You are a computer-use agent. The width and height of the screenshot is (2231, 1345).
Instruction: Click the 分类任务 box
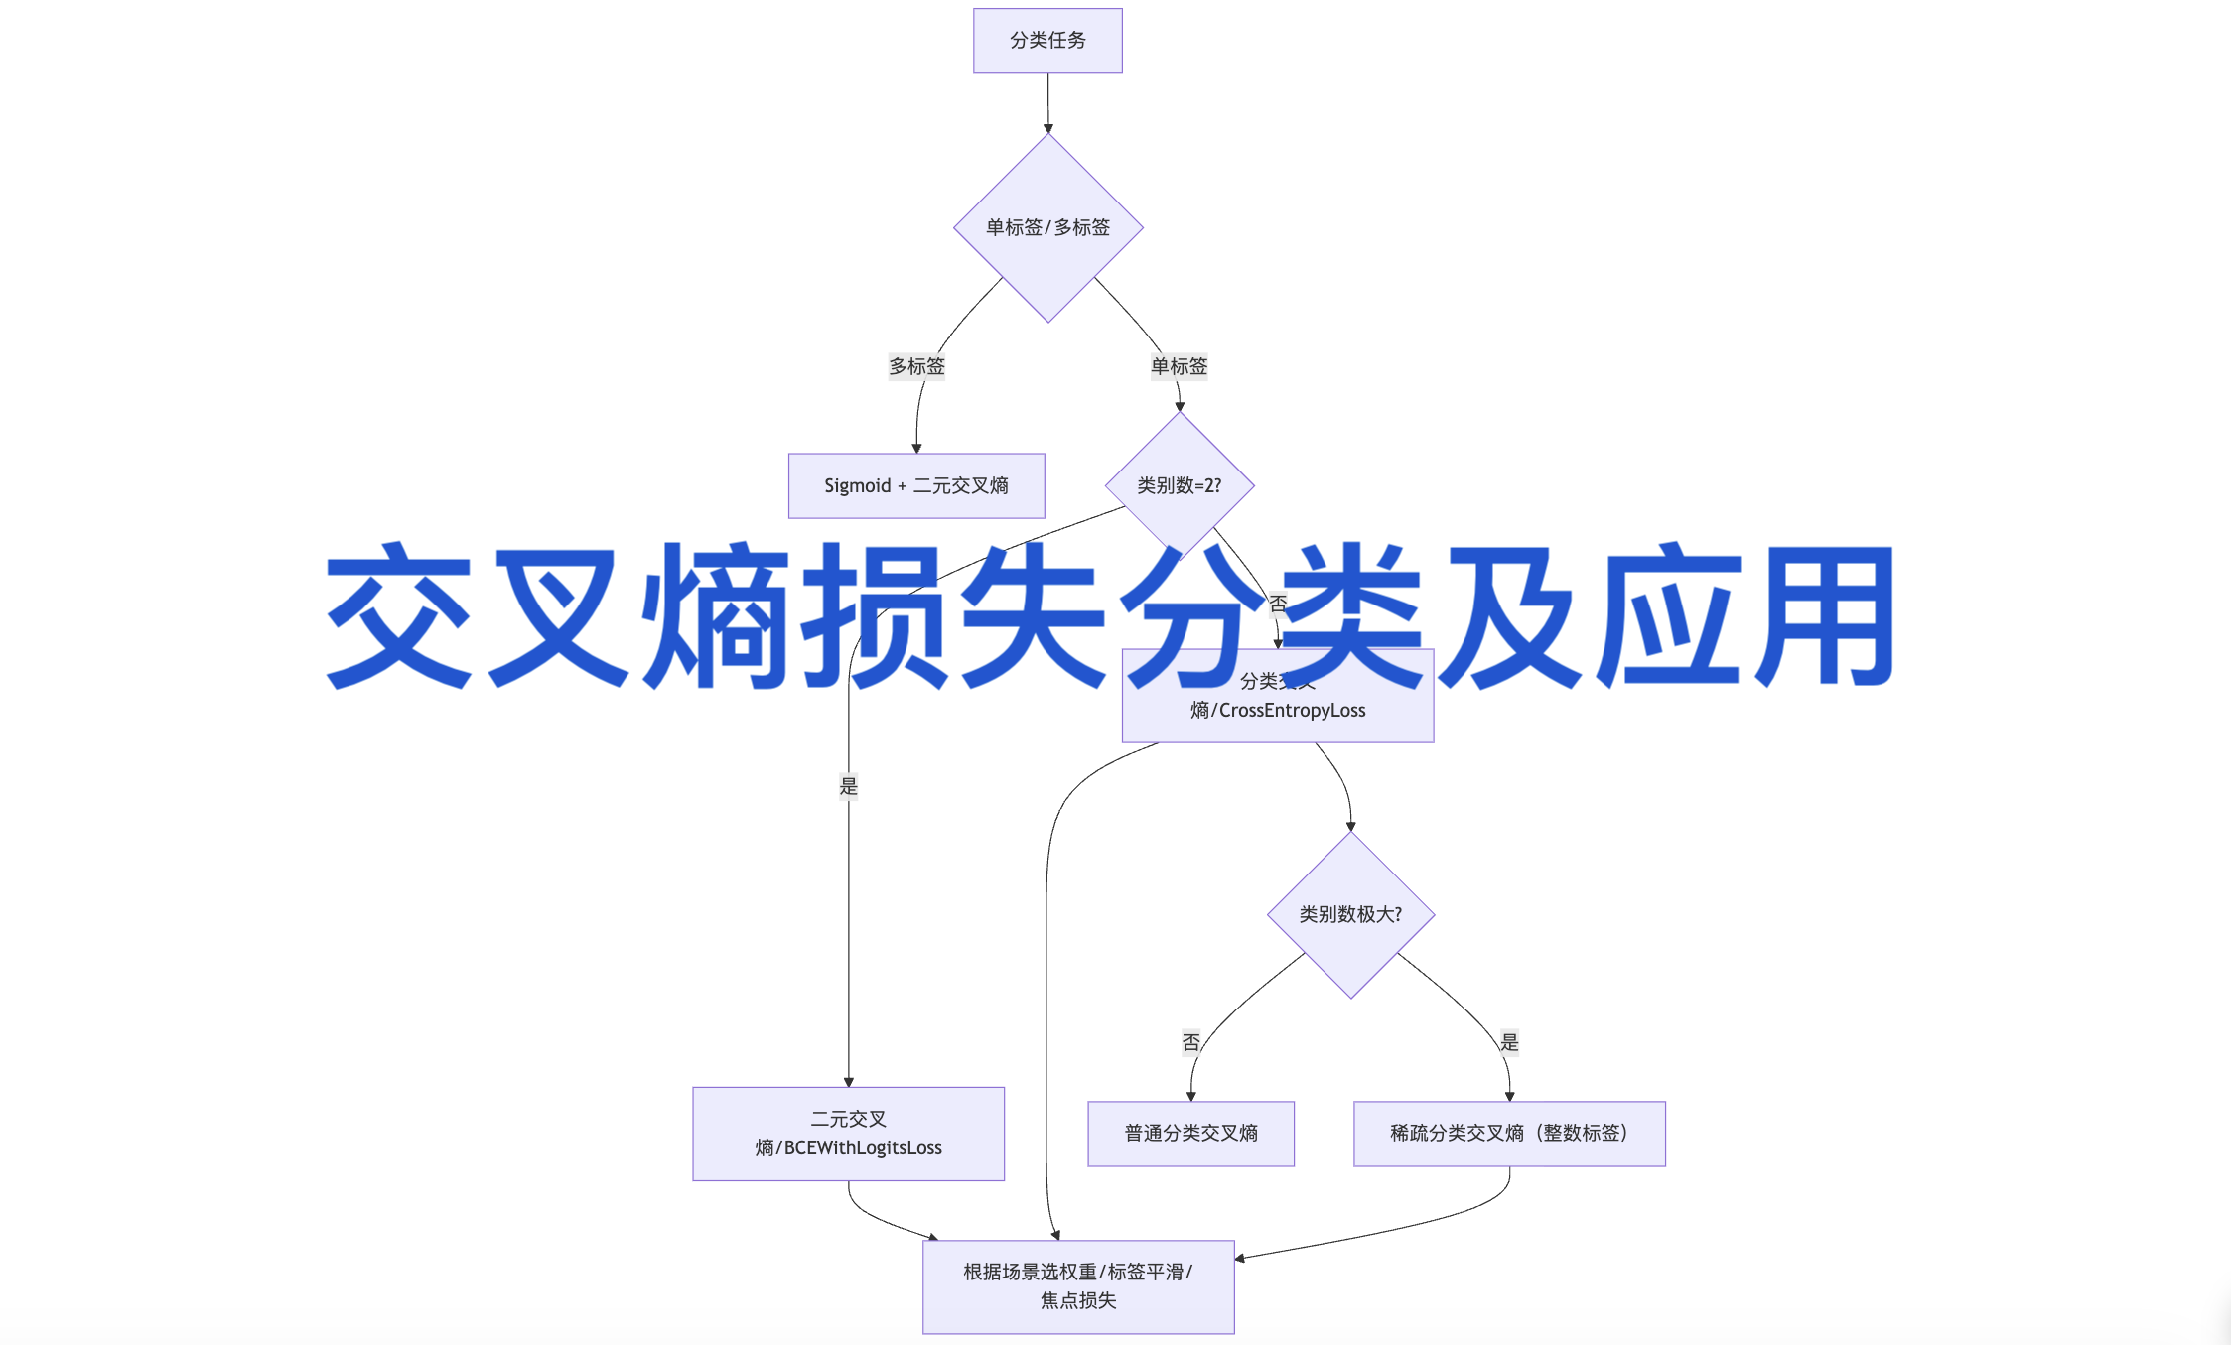[1047, 41]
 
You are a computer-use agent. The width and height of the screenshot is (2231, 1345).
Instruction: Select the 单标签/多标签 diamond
[1047, 227]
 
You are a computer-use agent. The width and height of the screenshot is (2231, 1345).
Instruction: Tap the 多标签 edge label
[916, 366]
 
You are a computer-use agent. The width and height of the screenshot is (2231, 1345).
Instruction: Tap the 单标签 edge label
[1179, 366]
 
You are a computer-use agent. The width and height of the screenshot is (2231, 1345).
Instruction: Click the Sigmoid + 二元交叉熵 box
[915, 485]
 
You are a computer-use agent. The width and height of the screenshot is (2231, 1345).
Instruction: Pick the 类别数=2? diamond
[1179, 485]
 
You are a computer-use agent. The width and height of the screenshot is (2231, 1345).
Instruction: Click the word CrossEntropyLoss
[1292, 711]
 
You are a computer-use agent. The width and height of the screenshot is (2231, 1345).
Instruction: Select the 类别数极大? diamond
[1350, 914]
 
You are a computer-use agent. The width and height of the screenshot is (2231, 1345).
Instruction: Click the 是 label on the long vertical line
[848, 786]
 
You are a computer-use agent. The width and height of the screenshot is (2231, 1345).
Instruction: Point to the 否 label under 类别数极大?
[1191, 1042]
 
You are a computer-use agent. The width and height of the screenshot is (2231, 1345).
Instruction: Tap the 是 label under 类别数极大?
[1509, 1042]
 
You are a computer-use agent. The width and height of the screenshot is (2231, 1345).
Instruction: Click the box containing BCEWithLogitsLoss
[848, 1134]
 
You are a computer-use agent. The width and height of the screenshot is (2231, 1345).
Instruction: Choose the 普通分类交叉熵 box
[1190, 1134]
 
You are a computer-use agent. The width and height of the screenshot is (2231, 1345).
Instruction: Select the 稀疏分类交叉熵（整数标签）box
[1508, 1134]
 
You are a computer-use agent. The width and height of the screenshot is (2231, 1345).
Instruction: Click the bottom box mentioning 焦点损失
[1078, 1286]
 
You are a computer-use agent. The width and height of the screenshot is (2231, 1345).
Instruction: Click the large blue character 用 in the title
[1825, 615]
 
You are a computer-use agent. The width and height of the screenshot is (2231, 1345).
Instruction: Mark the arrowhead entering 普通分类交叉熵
[1190, 1096]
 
